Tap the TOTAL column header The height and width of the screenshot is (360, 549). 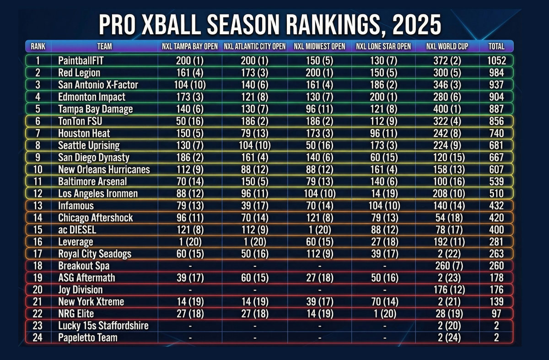[x=496, y=46]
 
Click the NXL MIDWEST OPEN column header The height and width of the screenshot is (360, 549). [x=319, y=46]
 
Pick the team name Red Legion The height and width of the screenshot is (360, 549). [x=79, y=73]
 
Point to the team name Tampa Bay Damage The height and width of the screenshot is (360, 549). [x=95, y=109]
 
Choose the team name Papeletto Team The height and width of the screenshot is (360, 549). [x=88, y=338]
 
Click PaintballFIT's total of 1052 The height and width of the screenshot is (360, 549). [x=496, y=61]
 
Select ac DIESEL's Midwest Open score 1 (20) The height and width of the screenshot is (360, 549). [x=319, y=230]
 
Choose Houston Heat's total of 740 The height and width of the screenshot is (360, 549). [x=496, y=133]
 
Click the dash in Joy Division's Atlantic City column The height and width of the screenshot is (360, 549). [x=254, y=290]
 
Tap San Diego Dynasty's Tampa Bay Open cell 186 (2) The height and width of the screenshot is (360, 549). [x=190, y=157]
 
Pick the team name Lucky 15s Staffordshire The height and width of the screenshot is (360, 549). [x=103, y=326]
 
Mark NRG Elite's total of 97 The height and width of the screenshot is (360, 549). [x=496, y=314]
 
